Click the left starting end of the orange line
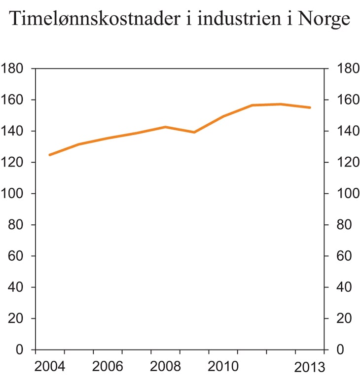tap(49, 155)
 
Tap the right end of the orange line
tap(310, 107)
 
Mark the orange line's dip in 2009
tap(194, 132)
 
